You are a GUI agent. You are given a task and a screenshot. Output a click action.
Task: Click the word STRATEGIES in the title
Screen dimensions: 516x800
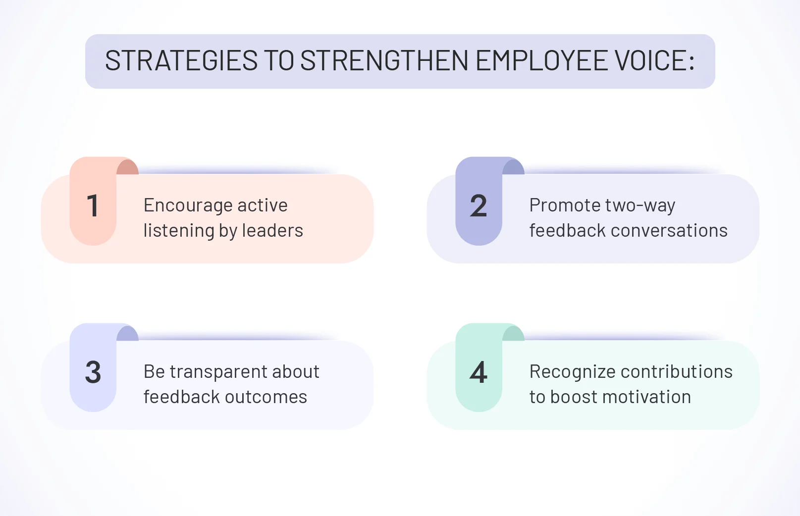coord(181,61)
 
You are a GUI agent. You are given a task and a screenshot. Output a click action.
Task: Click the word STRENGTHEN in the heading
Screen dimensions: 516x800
coord(384,61)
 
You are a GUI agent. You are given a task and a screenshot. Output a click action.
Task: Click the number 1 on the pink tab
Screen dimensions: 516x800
coord(93,206)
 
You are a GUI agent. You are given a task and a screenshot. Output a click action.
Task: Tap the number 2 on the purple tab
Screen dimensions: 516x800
coord(479,206)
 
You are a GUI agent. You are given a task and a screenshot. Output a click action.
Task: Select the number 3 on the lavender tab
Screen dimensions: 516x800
coord(93,372)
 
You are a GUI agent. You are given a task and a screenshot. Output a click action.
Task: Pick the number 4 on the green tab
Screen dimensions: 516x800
coord(479,372)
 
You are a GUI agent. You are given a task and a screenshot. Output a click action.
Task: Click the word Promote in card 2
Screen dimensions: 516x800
coord(558,206)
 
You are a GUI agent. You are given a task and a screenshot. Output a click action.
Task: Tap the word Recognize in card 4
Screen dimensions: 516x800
coord(572,372)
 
